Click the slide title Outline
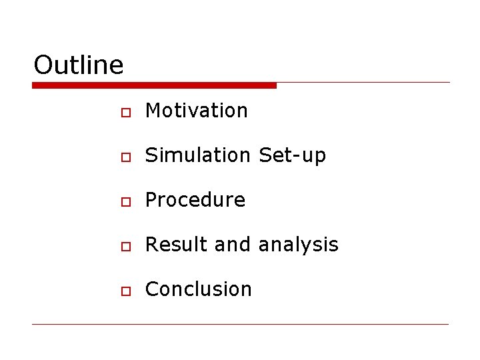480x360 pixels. (x=79, y=65)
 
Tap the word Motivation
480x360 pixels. (x=197, y=111)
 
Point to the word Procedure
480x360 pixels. (x=195, y=200)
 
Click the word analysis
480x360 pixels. (x=298, y=245)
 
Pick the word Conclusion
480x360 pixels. (x=199, y=289)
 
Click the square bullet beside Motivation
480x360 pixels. (x=125, y=112)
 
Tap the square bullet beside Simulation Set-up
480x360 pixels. (x=125, y=157)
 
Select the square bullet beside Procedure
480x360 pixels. (x=125, y=201)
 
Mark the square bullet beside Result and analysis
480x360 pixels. (x=125, y=246)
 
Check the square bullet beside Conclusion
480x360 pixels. (x=125, y=291)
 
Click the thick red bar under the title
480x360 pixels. (x=154, y=85)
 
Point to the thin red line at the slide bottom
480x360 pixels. (x=240, y=325)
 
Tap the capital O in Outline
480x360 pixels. (x=43, y=65)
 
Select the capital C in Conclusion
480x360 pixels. (x=152, y=289)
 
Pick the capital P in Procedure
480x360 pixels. (x=151, y=200)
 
